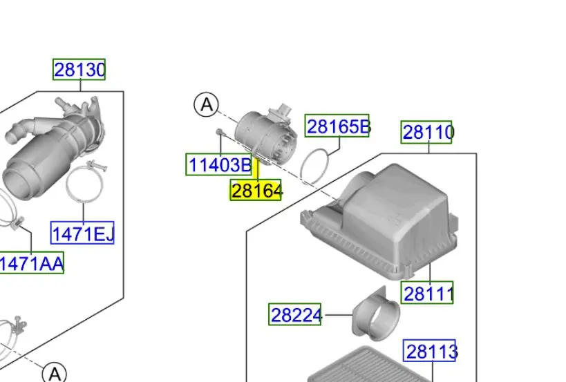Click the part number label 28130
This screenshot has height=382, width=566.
tap(79, 69)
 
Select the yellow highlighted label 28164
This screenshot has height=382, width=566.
tap(256, 190)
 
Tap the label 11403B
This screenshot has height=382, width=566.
tap(219, 164)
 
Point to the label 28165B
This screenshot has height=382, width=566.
tap(337, 126)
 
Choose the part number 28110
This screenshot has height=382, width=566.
tap(426, 132)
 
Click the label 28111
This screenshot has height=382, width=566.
tap(427, 293)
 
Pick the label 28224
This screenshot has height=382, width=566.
tap(295, 314)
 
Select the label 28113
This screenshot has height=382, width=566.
tap(430, 351)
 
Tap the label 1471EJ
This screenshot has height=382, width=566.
tap(82, 233)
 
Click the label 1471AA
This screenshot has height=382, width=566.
tap(31, 263)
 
